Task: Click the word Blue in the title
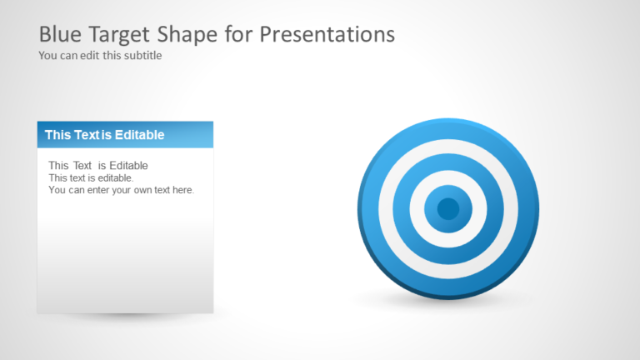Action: [x=59, y=34]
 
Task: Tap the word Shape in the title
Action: [x=181, y=34]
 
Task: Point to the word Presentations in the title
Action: [x=327, y=34]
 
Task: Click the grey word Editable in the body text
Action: [x=123, y=166]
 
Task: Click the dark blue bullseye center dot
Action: [x=448, y=208]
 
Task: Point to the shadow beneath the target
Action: [x=448, y=302]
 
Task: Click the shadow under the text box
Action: [x=125, y=317]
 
